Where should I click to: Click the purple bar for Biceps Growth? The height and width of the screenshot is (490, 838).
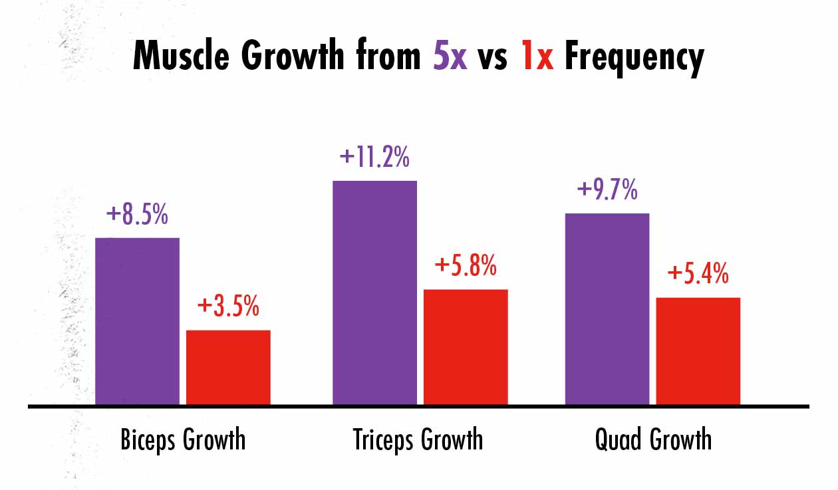(137, 321)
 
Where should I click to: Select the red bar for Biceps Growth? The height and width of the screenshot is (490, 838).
(228, 367)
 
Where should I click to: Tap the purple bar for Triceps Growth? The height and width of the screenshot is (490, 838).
(374, 293)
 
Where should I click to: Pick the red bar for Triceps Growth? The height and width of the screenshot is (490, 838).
(466, 347)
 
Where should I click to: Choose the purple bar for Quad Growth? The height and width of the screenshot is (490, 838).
(607, 309)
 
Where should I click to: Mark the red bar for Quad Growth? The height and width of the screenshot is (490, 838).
(698, 351)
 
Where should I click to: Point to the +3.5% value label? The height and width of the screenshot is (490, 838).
(228, 307)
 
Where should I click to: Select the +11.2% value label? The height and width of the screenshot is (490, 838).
(374, 158)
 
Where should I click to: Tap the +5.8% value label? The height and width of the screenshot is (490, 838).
(466, 267)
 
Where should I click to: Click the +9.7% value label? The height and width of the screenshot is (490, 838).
(607, 190)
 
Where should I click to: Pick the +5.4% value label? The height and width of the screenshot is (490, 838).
(698, 274)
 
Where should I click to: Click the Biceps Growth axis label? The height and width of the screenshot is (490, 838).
(183, 440)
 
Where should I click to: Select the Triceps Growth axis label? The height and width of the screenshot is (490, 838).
(418, 440)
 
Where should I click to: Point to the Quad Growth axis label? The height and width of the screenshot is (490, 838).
(653, 440)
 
